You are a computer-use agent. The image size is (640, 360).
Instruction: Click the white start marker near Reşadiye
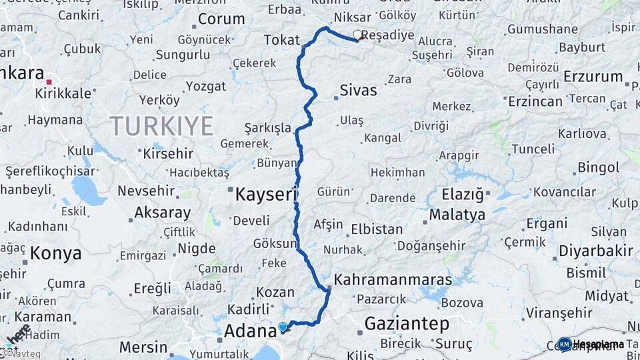[x=357, y=35]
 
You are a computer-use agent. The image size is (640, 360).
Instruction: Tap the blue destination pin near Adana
[x=283, y=327]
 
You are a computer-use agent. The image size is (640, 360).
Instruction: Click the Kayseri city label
[x=265, y=195]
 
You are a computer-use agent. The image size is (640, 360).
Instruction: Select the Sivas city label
[x=358, y=90]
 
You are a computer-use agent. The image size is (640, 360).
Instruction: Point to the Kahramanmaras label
[x=393, y=280]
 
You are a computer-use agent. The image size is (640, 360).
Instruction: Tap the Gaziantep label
[x=407, y=325]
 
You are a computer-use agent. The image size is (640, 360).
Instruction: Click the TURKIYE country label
[x=161, y=126]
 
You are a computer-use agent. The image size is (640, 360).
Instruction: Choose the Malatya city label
[x=457, y=215]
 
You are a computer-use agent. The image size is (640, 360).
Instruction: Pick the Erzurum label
[x=593, y=77]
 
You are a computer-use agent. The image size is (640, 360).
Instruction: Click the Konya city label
[x=56, y=253]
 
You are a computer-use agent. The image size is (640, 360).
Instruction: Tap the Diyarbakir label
[x=595, y=251]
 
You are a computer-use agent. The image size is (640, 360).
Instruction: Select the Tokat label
[x=282, y=40]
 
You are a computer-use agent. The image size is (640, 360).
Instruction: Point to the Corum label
[x=221, y=19]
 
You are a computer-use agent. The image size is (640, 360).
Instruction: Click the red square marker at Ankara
[x=49, y=81]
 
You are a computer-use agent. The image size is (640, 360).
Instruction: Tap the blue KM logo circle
[x=564, y=344]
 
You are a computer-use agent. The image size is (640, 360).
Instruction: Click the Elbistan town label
[x=377, y=229]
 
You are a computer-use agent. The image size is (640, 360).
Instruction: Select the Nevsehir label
[x=146, y=191]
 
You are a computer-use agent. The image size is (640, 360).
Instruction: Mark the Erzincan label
[x=535, y=101]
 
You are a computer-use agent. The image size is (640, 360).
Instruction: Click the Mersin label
[x=143, y=347]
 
